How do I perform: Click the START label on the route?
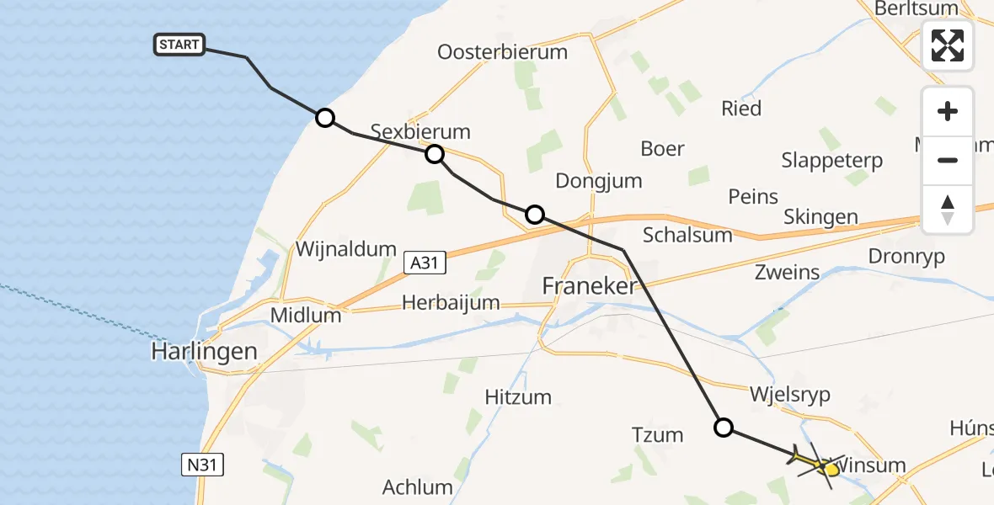click(x=179, y=45)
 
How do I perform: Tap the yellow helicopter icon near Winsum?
click(x=817, y=462)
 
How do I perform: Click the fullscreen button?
click(x=948, y=45)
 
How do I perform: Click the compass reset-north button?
click(x=948, y=210)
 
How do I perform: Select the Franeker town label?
click(x=590, y=286)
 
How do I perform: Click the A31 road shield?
click(x=424, y=263)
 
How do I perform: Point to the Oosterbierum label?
click(x=502, y=52)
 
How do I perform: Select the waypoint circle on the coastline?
click(x=325, y=118)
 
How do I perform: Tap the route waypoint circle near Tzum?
click(x=724, y=428)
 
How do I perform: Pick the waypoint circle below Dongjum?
click(x=534, y=215)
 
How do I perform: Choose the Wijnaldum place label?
click(x=345, y=249)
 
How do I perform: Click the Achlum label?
click(x=418, y=486)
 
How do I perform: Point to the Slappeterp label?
click(x=831, y=160)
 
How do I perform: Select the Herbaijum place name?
click(x=451, y=302)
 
